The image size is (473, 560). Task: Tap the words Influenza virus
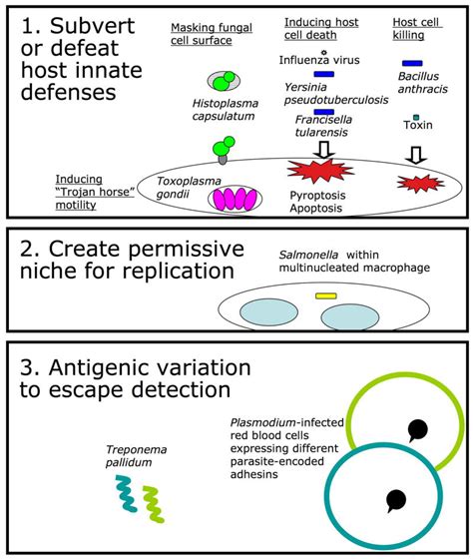[322, 60]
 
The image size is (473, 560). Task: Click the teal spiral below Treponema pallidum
[127, 495]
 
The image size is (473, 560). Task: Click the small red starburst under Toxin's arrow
[415, 183]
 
